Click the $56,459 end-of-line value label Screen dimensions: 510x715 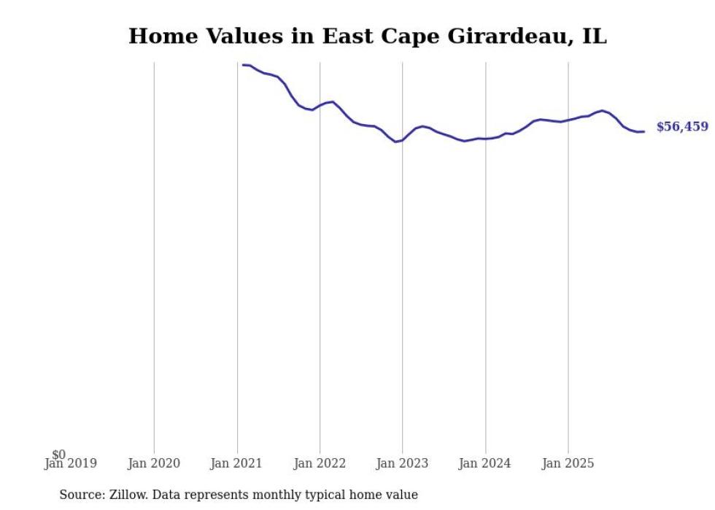point(681,127)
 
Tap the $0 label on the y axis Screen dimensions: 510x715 point(58,455)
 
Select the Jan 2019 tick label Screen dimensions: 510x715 point(70,463)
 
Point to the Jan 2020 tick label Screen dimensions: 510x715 point(153,463)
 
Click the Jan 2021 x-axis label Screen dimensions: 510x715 point(236,463)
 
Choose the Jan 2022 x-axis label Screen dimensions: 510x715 point(320,463)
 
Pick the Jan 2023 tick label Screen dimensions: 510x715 point(402,463)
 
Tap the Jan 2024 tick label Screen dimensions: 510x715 point(485,463)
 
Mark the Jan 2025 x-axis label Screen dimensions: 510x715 point(568,463)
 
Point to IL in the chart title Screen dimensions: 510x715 point(594,36)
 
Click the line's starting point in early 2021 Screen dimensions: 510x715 point(243,65)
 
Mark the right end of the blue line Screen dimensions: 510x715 point(643,131)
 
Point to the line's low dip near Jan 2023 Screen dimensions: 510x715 point(395,142)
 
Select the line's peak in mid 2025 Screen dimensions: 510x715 point(602,110)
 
